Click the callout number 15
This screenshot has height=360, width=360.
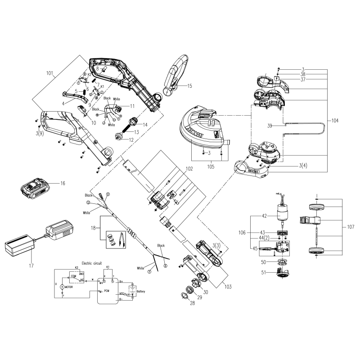click(189, 85)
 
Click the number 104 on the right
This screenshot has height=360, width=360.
click(334, 121)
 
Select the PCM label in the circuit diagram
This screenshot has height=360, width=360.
click(107, 291)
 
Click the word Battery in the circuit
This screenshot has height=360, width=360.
click(140, 291)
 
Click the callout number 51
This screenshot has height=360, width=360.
click(263, 273)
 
